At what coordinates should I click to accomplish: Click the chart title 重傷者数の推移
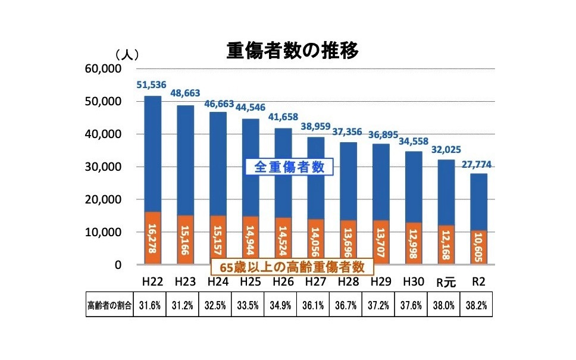(x=292, y=51)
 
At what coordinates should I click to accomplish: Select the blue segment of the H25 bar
(x=250, y=167)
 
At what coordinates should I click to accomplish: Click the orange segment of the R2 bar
(x=478, y=248)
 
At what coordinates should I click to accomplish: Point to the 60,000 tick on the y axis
(x=105, y=69)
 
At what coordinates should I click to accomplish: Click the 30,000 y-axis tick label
(x=105, y=167)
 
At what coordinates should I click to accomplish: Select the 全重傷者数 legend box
(x=289, y=168)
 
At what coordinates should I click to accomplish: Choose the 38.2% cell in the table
(x=478, y=306)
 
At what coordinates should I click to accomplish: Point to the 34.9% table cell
(x=283, y=306)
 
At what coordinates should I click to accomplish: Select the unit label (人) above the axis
(x=127, y=55)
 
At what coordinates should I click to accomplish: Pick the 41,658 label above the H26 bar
(x=283, y=117)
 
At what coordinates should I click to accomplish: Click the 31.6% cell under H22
(x=152, y=306)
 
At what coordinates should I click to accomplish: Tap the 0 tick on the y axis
(x=117, y=265)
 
